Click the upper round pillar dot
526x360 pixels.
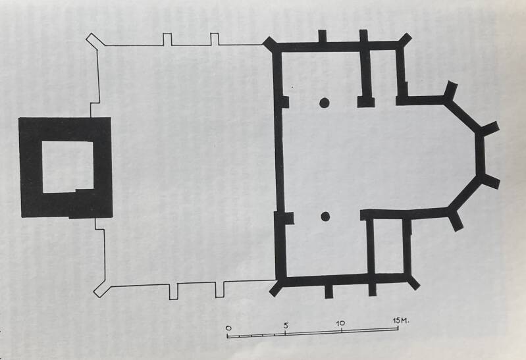(x=324, y=103)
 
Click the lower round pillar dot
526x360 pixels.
(x=325, y=217)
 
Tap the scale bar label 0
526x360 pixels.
(x=228, y=328)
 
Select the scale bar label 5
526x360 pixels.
(x=286, y=325)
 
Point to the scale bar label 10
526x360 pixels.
(x=340, y=323)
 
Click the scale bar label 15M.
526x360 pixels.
(x=401, y=321)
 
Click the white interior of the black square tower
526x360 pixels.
(x=68, y=167)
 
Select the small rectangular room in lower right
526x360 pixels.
(x=388, y=247)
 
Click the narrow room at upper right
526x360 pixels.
(x=383, y=74)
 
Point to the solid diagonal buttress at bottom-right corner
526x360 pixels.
(x=413, y=282)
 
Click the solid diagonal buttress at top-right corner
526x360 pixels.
(x=405, y=41)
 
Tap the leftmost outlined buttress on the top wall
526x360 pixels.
(x=167, y=39)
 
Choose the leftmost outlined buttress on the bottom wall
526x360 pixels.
(x=173, y=291)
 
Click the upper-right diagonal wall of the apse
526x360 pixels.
(x=462, y=115)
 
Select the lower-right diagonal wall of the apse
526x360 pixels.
(x=465, y=193)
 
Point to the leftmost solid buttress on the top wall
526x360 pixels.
(x=323, y=36)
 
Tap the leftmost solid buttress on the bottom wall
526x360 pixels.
(x=329, y=291)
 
